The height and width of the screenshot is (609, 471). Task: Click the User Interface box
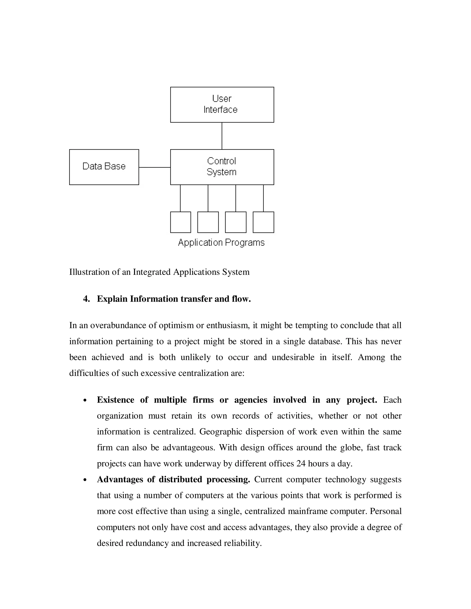point(222,105)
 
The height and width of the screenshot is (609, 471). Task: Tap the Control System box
point(222,167)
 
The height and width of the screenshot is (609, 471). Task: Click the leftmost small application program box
point(181,222)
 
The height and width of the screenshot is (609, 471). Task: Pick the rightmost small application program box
point(263,222)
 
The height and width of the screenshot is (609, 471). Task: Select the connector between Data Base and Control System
point(154,167)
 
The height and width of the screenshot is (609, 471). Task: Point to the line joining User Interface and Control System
point(222,136)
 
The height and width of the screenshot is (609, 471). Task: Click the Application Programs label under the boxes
point(221,243)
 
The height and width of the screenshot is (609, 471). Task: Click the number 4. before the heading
point(86,299)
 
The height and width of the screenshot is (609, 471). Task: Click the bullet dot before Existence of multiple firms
point(85,400)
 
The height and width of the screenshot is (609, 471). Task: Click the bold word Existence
point(115,400)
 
